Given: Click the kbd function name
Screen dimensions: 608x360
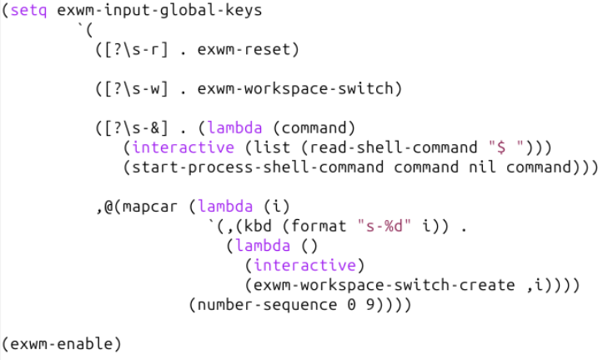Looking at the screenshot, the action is [265, 226].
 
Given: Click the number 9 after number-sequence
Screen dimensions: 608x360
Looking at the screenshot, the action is [369, 304].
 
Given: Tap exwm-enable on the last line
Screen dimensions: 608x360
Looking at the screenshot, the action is [62, 343].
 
